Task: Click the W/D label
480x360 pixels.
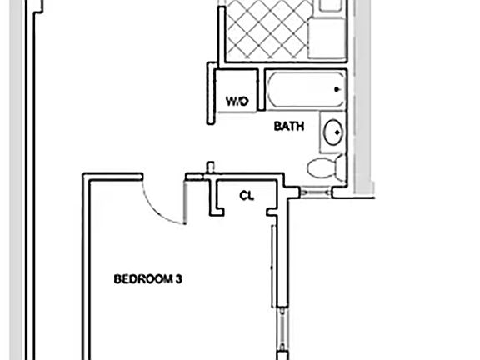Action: pos(237,102)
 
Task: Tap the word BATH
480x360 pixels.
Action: pos(289,127)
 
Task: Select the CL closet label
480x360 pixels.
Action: pos(247,196)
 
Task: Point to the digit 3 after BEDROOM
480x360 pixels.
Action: pos(178,280)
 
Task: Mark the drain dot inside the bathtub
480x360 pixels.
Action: pos(337,89)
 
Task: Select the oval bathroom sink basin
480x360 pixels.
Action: pos(332,132)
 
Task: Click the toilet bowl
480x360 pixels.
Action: pos(320,167)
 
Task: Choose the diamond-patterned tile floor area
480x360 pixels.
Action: pos(262,30)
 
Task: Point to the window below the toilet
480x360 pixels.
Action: pos(316,193)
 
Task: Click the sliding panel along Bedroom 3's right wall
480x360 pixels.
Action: pos(272,267)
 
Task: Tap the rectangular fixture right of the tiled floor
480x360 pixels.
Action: pos(327,38)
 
